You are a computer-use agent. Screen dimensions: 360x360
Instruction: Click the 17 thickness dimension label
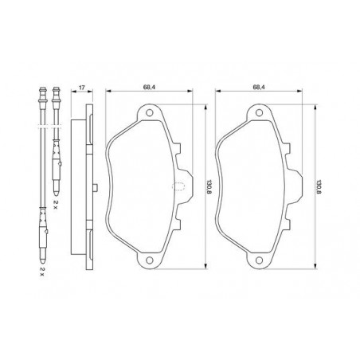pyautogui.click(x=82, y=87)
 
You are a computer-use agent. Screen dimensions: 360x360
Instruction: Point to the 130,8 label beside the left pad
pyautogui.click(x=209, y=187)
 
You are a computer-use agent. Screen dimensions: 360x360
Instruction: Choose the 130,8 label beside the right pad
pyautogui.click(x=319, y=187)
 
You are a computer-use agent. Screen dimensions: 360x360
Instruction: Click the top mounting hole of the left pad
pyautogui.click(x=150, y=113)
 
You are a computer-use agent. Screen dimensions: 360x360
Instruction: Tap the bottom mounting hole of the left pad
pyautogui.click(x=150, y=260)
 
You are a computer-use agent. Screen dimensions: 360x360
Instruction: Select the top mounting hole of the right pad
pyautogui.click(x=259, y=113)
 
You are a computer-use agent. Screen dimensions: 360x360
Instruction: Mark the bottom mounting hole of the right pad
pyautogui.click(x=259, y=260)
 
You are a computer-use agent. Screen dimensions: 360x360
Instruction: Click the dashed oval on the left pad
pyautogui.click(x=178, y=186)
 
